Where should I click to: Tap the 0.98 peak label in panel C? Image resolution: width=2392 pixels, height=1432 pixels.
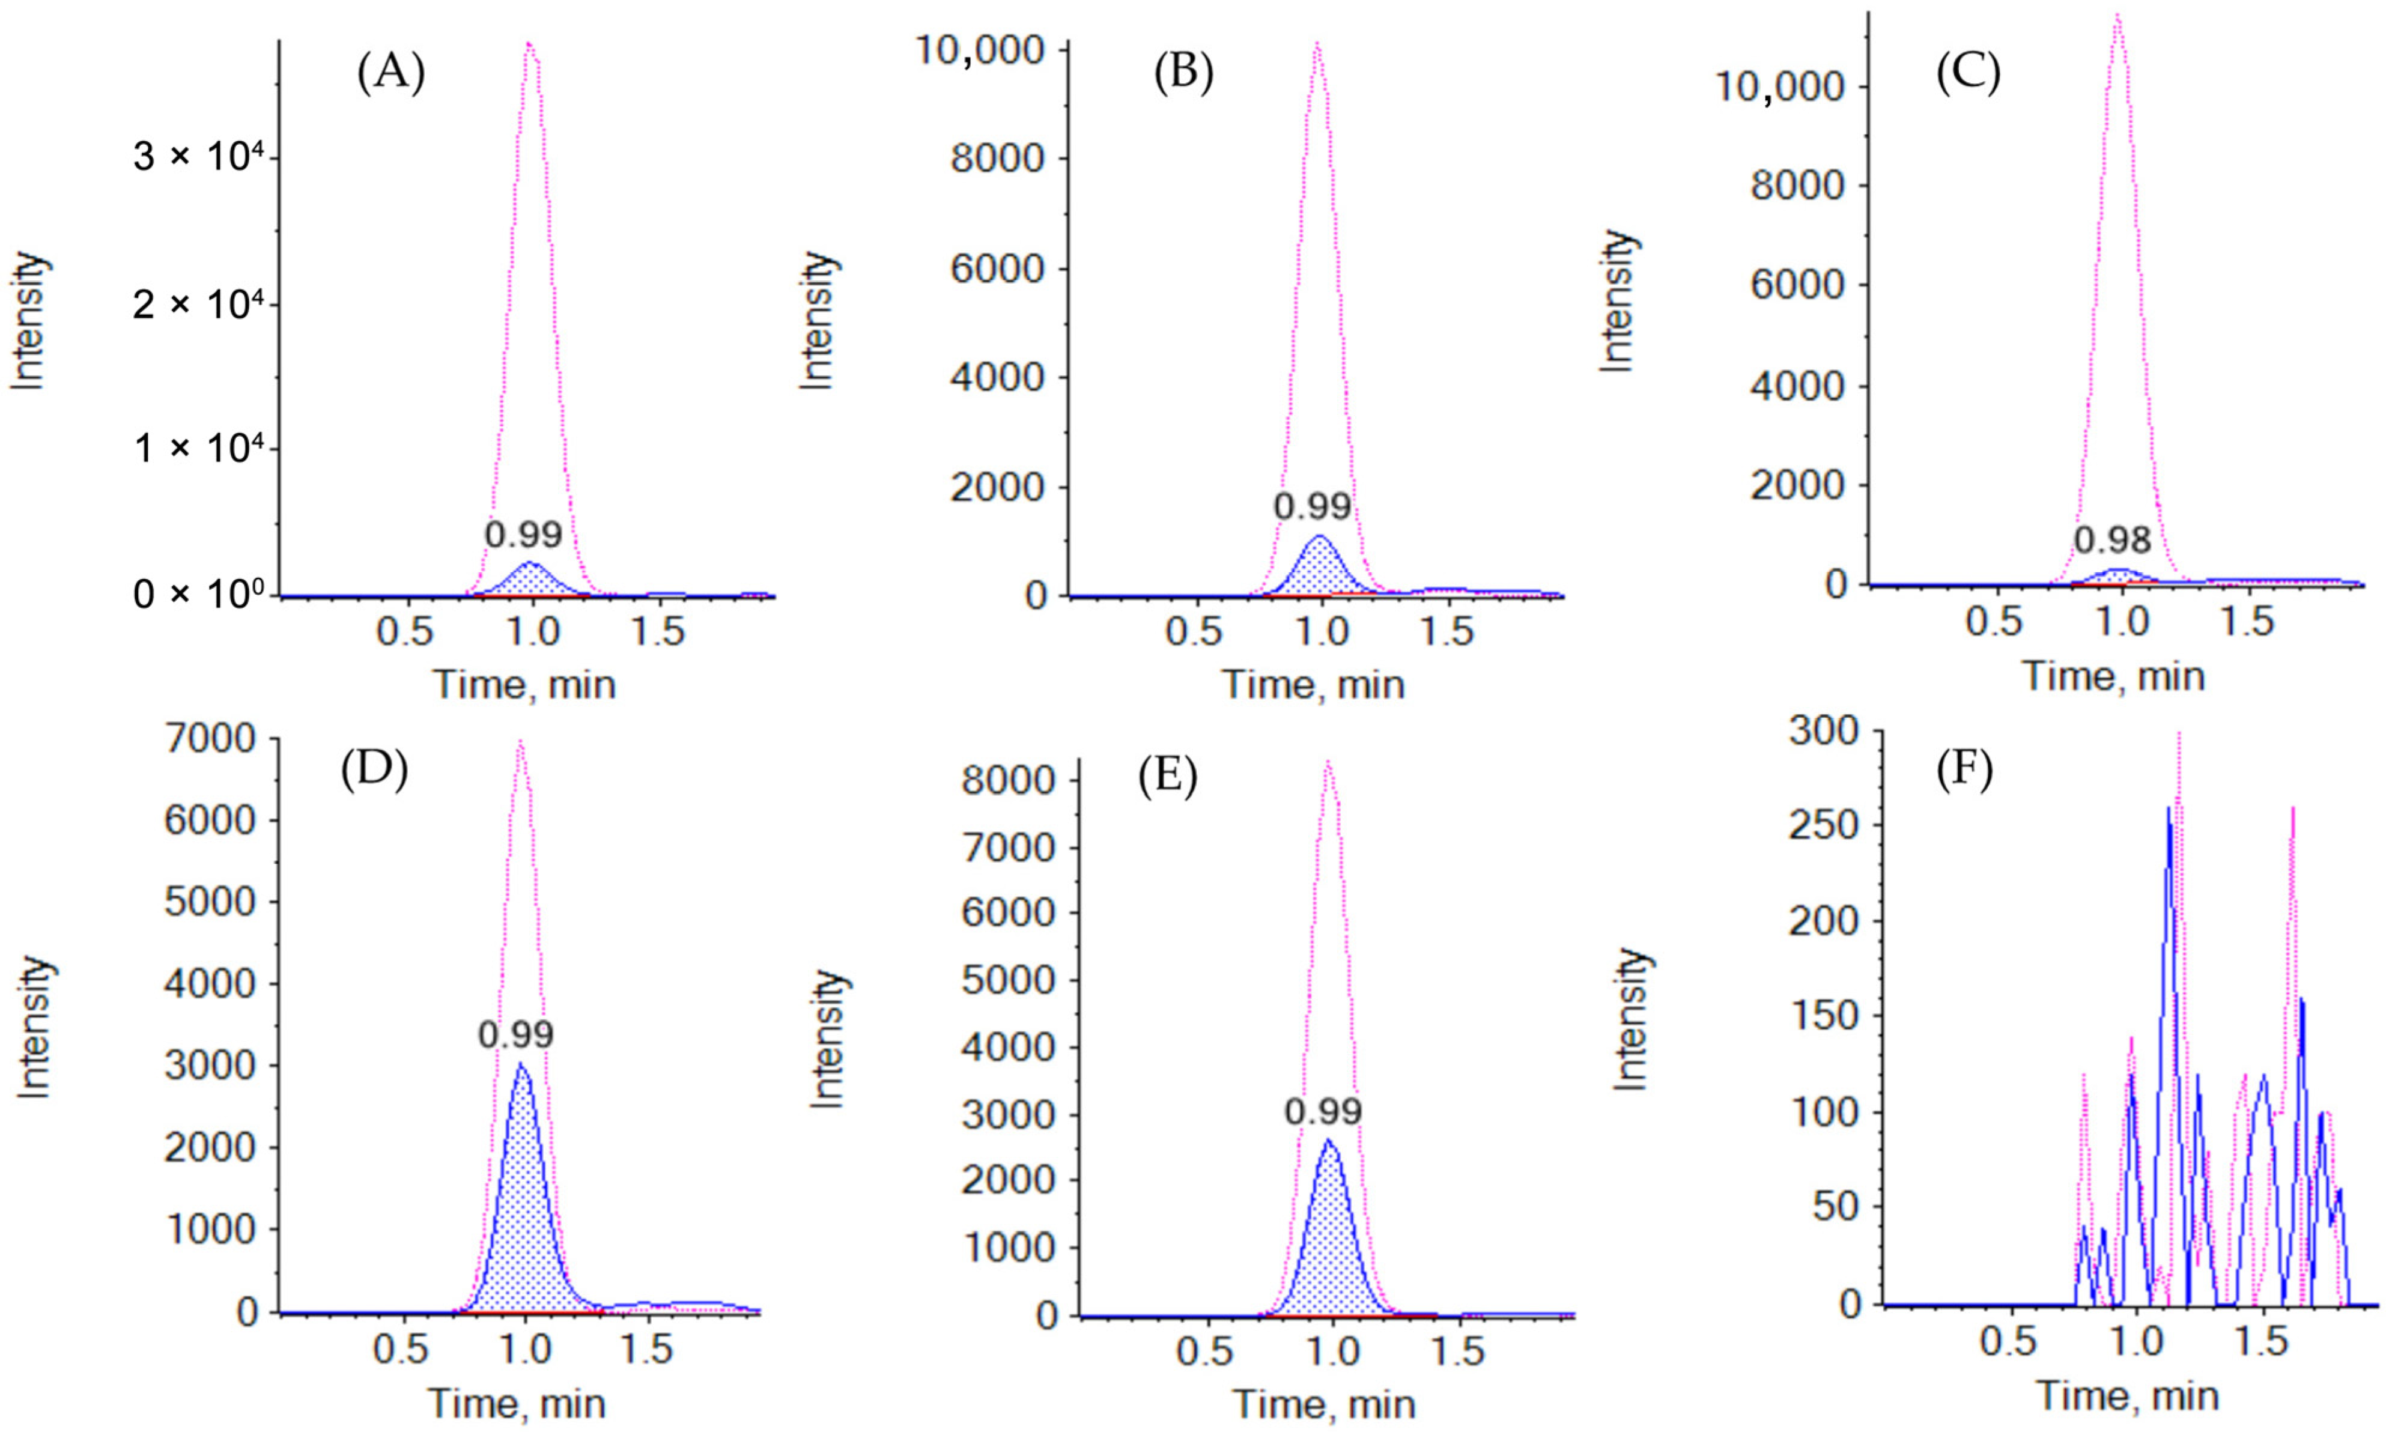tap(2112, 541)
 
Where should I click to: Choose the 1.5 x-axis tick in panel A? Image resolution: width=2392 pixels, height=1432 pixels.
tap(657, 632)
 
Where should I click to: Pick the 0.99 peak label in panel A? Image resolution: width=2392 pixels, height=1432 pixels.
tap(523, 535)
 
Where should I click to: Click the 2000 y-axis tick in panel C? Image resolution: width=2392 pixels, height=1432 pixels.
tap(1797, 485)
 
